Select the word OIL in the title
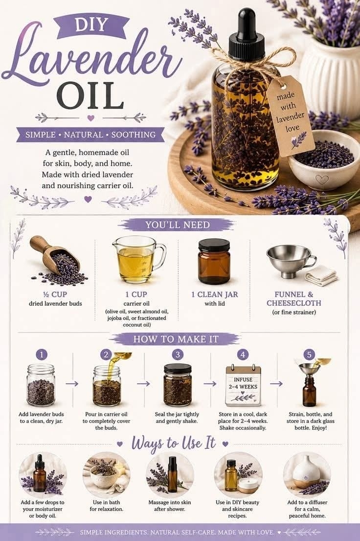(x=90, y=95)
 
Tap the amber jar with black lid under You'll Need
(x=214, y=261)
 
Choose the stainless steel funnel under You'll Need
(x=290, y=258)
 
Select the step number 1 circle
(x=42, y=354)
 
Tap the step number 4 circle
(x=243, y=354)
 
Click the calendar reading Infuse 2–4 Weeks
(x=243, y=385)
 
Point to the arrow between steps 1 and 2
(x=72, y=383)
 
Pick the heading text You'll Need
(x=178, y=225)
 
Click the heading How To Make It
(x=176, y=339)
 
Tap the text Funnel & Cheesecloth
(x=294, y=299)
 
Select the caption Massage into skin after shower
(x=170, y=505)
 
